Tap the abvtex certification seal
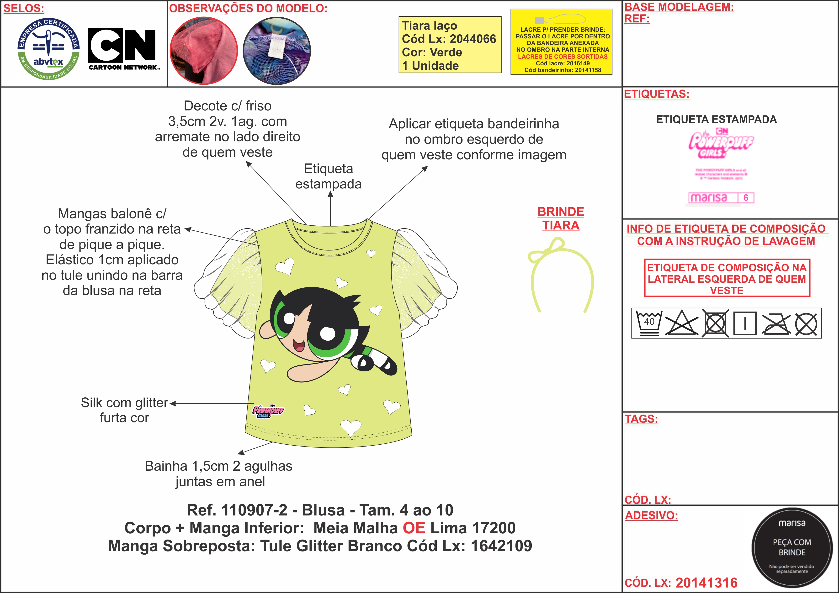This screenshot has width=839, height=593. point(49,49)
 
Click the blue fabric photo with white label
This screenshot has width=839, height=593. point(277,50)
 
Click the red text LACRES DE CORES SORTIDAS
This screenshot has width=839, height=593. point(562,57)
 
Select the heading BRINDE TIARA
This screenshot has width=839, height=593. point(561,218)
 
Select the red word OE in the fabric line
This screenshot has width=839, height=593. point(414,528)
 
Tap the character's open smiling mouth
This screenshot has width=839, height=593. point(299,345)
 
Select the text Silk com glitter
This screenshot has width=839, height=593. point(124,403)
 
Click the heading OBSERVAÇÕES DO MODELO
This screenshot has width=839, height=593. point(248,8)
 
